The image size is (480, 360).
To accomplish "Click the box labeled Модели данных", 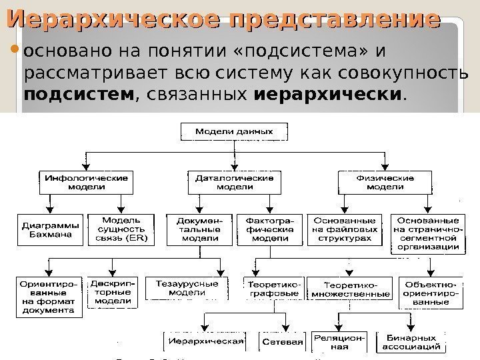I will tap(233, 131).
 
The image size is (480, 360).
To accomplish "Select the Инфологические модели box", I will tap(87, 183).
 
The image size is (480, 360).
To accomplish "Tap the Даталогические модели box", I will tap(234, 183).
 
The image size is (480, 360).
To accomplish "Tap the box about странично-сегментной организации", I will tap(428, 233).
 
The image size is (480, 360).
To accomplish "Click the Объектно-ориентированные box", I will tap(431, 292).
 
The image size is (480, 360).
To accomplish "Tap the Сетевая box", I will tap(283, 342).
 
